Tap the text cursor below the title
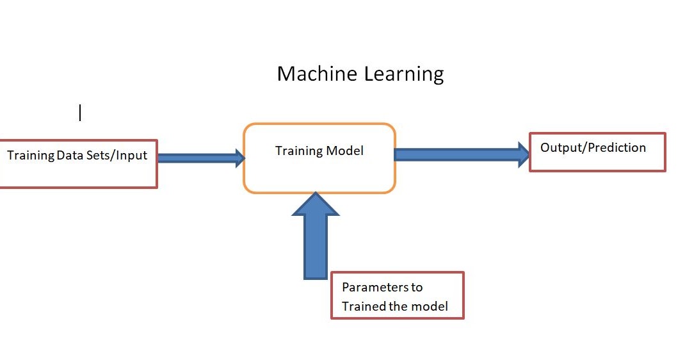click(x=80, y=113)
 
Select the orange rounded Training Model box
click(x=319, y=173)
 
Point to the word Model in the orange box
click(x=345, y=151)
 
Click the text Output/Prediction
click(x=593, y=148)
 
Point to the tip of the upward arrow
click(x=315, y=194)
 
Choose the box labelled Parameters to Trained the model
click(x=397, y=296)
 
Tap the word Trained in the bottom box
click(x=362, y=307)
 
